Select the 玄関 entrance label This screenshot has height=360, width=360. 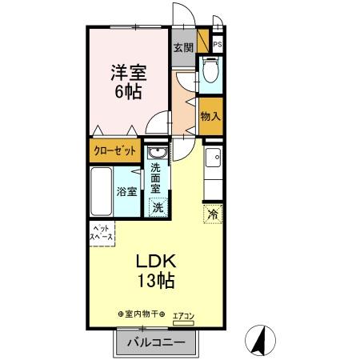click(182, 47)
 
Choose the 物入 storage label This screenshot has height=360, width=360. click(210, 117)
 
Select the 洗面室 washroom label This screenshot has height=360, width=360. click(158, 180)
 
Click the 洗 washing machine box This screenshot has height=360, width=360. click(158, 206)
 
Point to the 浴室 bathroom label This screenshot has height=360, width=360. click(126, 191)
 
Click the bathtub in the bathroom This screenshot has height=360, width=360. click(101, 191)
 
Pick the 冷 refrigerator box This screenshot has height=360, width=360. click(212, 214)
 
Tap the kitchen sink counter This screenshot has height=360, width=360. click(213, 165)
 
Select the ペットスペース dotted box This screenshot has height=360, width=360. click(102, 234)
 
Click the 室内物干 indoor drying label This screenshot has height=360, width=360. click(142, 314)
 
